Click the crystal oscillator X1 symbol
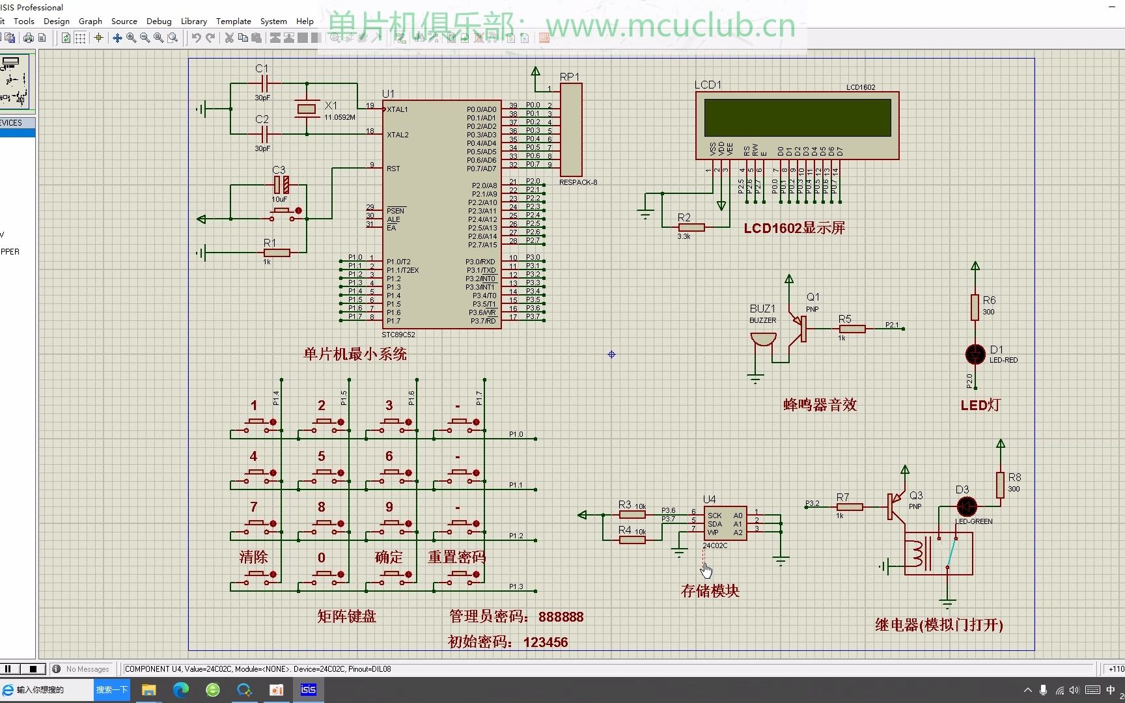tap(307, 109)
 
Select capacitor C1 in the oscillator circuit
tap(264, 83)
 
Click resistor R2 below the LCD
tap(691, 227)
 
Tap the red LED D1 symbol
tap(975, 354)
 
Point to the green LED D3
tap(967, 506)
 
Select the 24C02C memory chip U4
tap(725, 524)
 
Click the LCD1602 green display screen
tap(798, 118)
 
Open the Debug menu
tap(159, 21)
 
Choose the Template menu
tap(233, 21)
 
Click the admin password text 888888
tap(561, 616)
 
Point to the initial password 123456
tap(545, 642)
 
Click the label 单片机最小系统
tap(355, 354)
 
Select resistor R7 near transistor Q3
tap(849, 506)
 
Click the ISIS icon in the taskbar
tap(308, 690)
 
